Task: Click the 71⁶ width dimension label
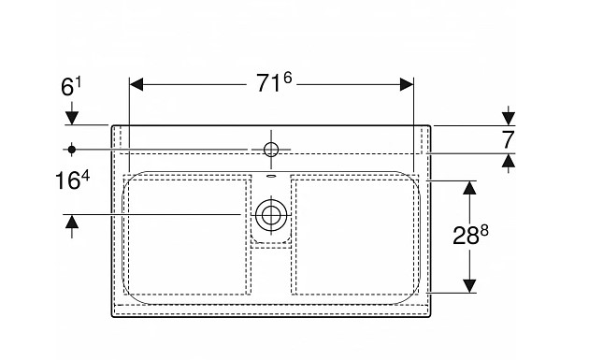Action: click(x=274, y=82)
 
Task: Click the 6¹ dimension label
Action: click(x=71, y=87)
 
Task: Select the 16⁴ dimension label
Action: click(x=73, y=180)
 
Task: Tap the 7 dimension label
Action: click(x=508, y=139)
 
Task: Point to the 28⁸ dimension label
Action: click(x=470, y=236)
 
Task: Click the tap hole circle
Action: click(x=271, y=150)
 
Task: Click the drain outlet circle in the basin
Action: click(x=271, y=215)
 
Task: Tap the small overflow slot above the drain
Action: click(x=271, y=175)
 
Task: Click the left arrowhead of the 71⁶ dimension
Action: click(x=136, y=84)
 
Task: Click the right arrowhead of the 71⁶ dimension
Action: click(x=407, y=84)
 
